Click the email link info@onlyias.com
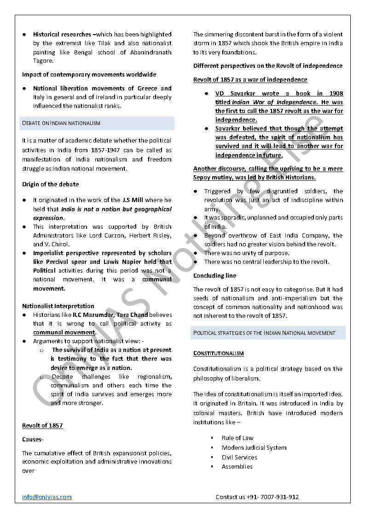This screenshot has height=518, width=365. (47, 497)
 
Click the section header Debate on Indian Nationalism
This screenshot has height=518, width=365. (61, 123)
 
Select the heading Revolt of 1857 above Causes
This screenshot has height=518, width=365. (42, 425)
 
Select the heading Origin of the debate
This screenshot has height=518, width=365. (50, 184)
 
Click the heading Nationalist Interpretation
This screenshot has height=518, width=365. (58, 306)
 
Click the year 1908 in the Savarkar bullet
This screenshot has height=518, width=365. (335, 94)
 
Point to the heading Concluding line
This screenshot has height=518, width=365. (214, 275)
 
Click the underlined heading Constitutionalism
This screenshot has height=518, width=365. (218, 353)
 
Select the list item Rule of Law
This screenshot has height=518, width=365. (237, 438)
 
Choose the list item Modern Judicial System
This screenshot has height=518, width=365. (254, 447)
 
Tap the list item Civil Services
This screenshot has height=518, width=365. (239, 457)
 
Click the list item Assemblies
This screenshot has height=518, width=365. (237, 466)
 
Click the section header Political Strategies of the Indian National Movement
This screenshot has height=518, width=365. (264, 333)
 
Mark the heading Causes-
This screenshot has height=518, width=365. (32, 440)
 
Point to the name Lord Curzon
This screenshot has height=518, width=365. (110, 236)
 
